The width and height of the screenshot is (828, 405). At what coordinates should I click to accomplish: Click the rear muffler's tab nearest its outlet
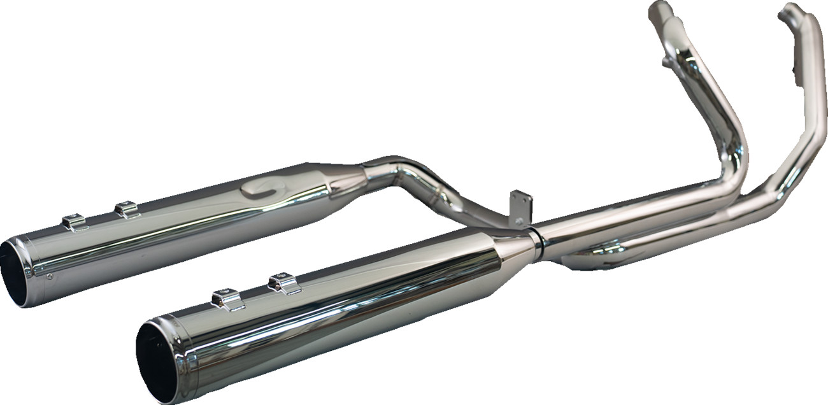tap(75, 222)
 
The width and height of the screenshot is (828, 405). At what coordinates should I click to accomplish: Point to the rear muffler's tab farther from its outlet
tap(127, 209)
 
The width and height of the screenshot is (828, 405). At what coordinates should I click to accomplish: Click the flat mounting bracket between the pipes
tap(521, 208)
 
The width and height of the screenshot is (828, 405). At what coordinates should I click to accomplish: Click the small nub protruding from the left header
tap(666, 61)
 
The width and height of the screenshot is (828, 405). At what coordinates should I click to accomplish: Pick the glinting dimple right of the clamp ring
tap(608, 248)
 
